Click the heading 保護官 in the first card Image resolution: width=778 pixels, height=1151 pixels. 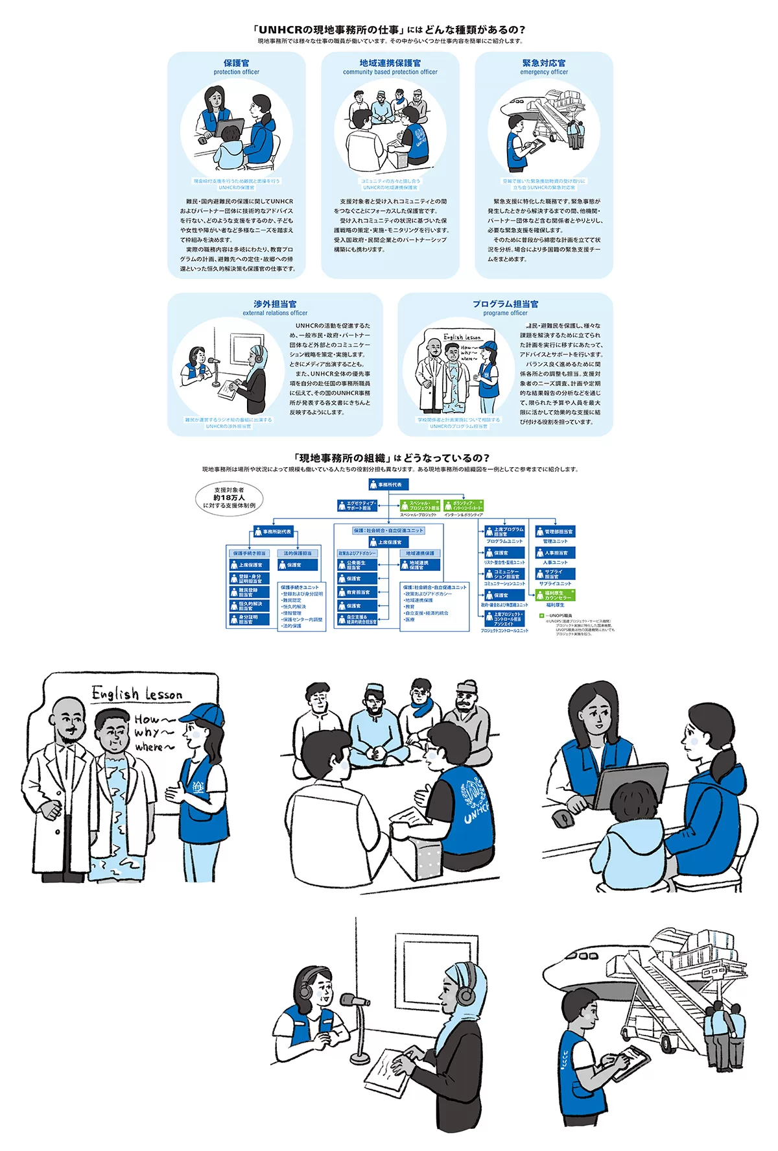point(236,63)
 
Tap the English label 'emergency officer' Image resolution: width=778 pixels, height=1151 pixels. point(543,72)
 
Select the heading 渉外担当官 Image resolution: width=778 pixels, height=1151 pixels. point(275,304)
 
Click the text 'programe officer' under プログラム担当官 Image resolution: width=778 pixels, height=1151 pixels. point(505,313)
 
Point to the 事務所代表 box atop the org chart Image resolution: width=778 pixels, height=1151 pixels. point(388,485)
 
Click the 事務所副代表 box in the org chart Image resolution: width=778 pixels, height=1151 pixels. point(273,532)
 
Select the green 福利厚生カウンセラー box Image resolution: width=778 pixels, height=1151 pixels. point(555,595)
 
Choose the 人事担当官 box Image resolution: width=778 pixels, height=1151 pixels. point(555,553)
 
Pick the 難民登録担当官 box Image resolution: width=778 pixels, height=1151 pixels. point(246,592)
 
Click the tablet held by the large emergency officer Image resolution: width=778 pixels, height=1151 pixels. point(630,1061)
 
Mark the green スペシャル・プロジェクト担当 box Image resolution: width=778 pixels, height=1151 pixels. point(420,505)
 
